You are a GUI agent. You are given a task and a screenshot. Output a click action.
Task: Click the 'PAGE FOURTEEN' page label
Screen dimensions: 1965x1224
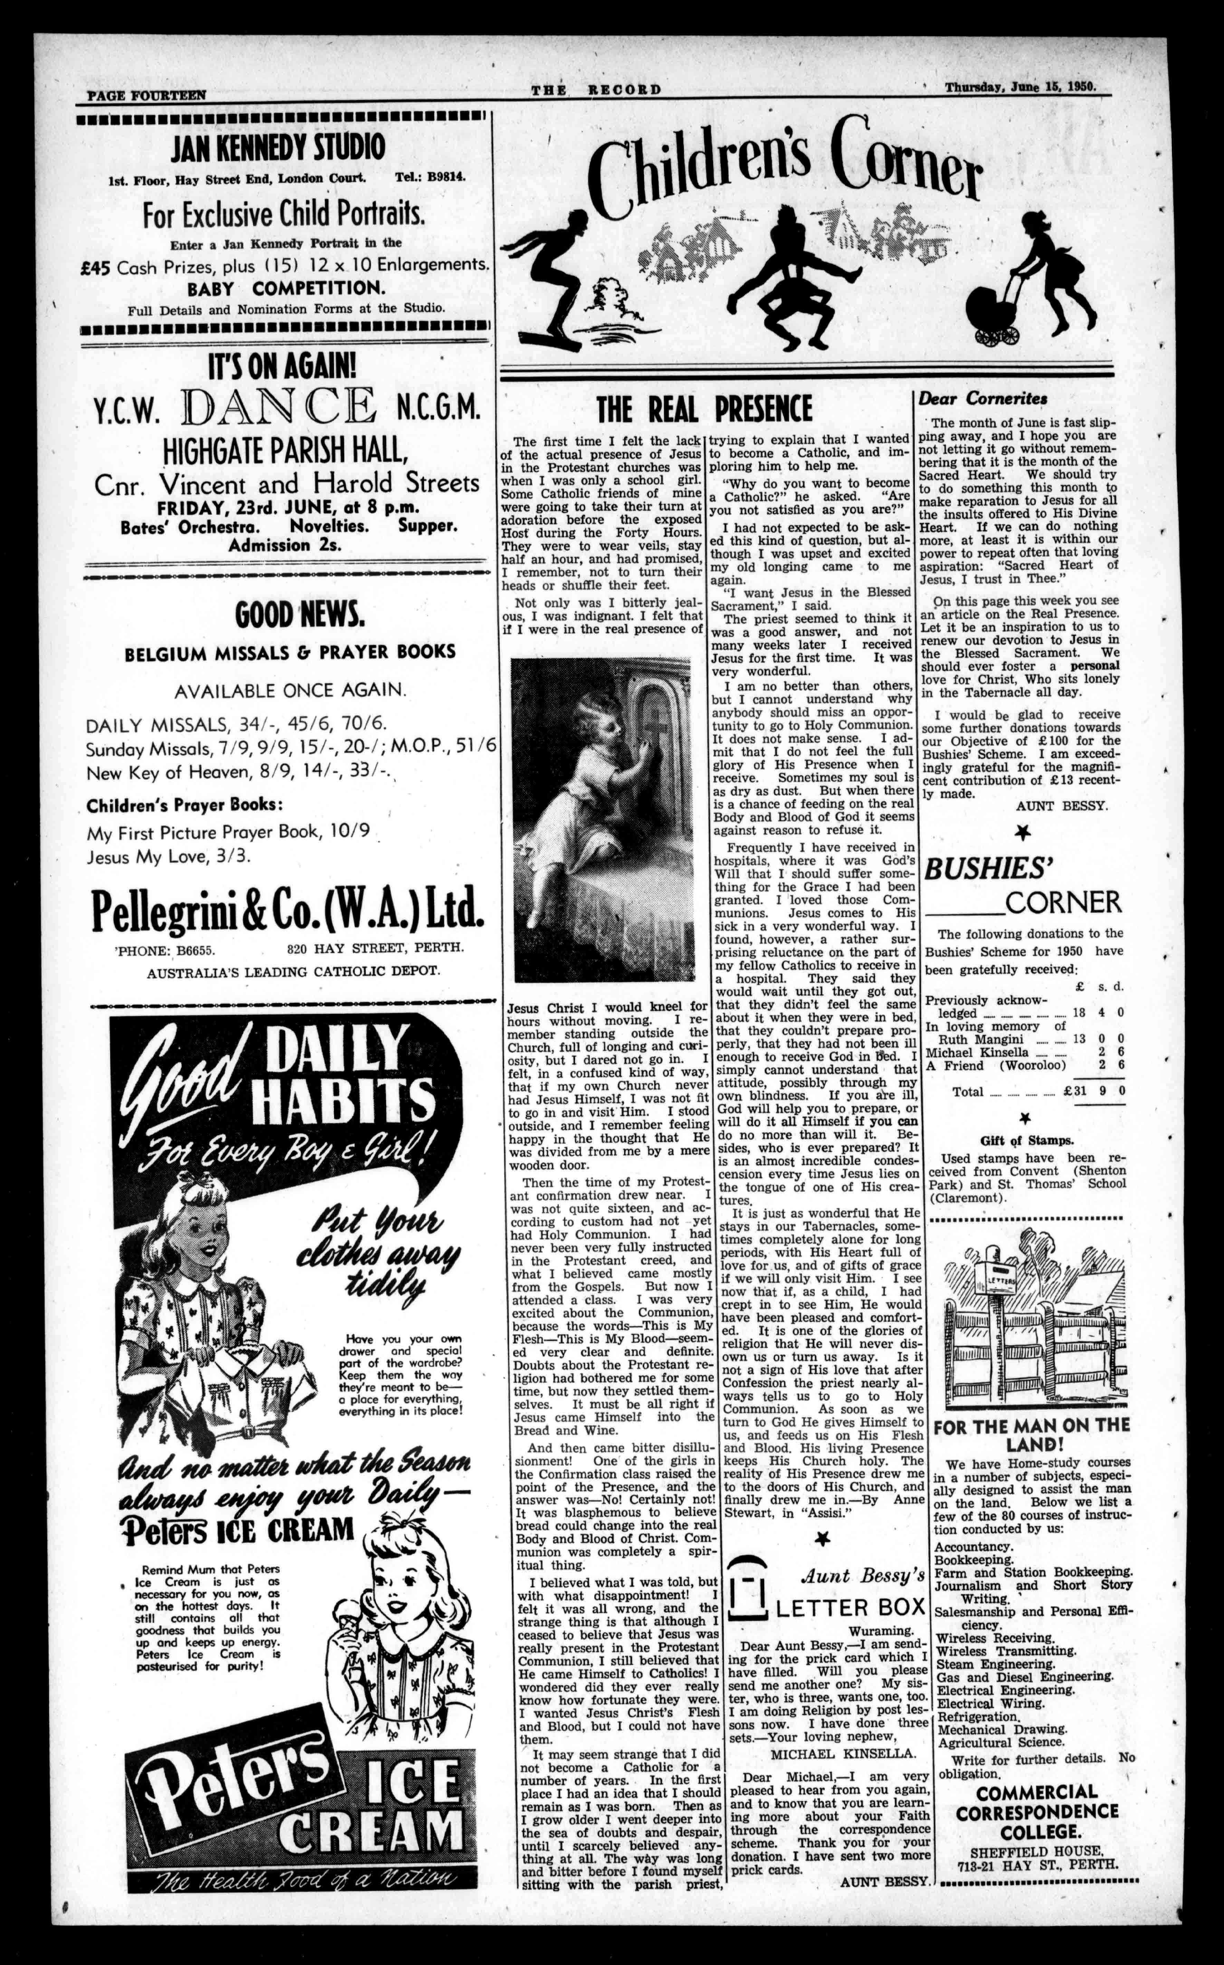tap(146, 95)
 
